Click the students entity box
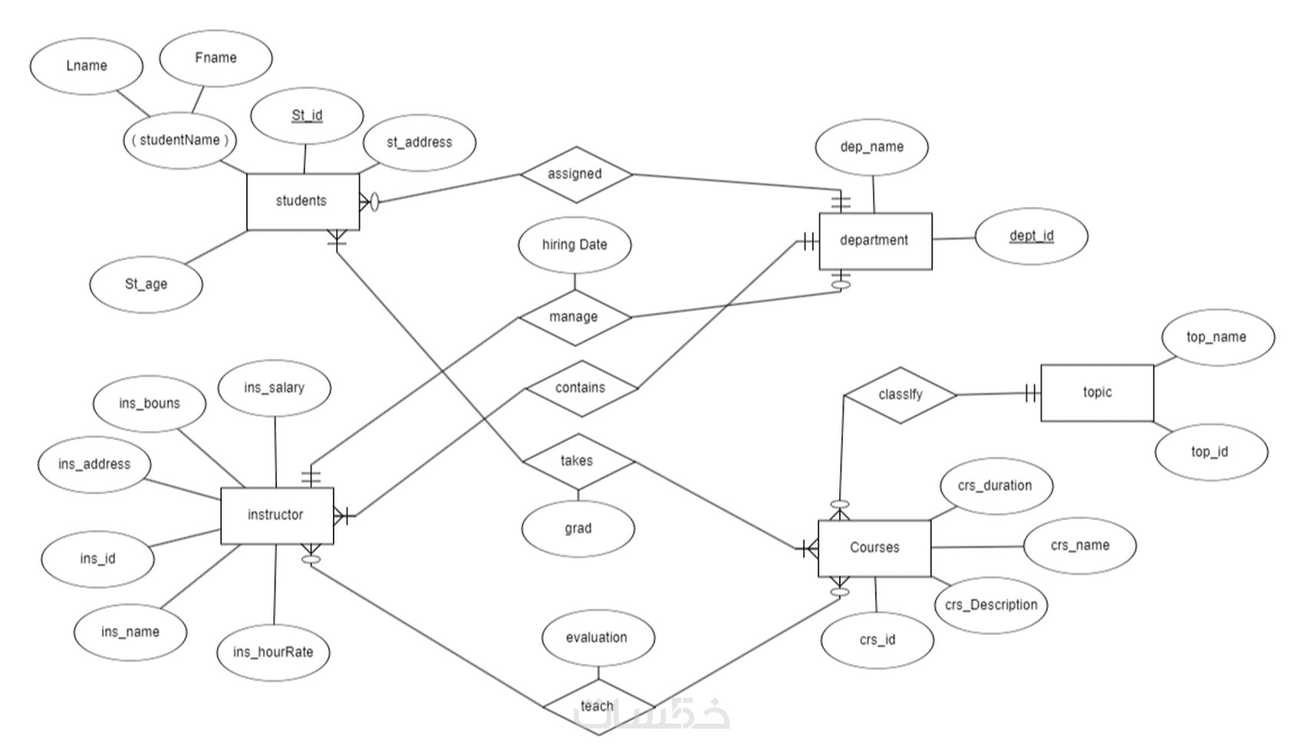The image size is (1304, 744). (x=302, y=201)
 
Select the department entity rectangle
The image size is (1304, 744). (x=875, y=241)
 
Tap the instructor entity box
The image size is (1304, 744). (x=276, y=515)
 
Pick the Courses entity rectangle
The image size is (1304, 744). (x=874, y=548)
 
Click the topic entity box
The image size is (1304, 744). (x=1097, y=393)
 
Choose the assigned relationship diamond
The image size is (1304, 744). (x=575, y=174)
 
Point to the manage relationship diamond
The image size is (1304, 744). (x=575, y=317)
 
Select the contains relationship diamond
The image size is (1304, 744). (x=581, y=388)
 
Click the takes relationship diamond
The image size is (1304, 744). (x=578, y=461)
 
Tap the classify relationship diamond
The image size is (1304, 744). (x=900, y=395)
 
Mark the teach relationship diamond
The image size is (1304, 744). (x=598, y=705)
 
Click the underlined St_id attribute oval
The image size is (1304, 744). (x=307, y=116)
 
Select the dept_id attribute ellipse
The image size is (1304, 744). (x=1031, y=236)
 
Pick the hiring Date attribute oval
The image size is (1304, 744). (x=575, y=245)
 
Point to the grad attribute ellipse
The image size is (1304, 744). (x=578, y=528)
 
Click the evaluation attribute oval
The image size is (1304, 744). (x=598, y=638)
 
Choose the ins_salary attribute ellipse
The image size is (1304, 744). (x=274, y=388)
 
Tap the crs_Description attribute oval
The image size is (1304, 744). (x=991, y=605)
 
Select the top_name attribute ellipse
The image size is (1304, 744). (x=1217, y=337)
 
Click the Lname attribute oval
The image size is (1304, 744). (x=87, y=67)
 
